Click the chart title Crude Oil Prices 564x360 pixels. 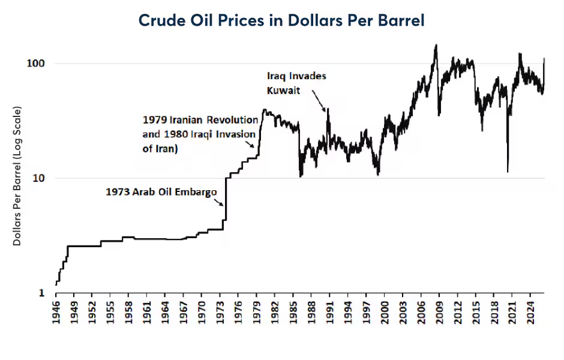281,20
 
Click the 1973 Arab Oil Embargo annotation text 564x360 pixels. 161,193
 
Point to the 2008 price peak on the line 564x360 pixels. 436,45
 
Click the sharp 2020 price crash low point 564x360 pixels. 508,172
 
